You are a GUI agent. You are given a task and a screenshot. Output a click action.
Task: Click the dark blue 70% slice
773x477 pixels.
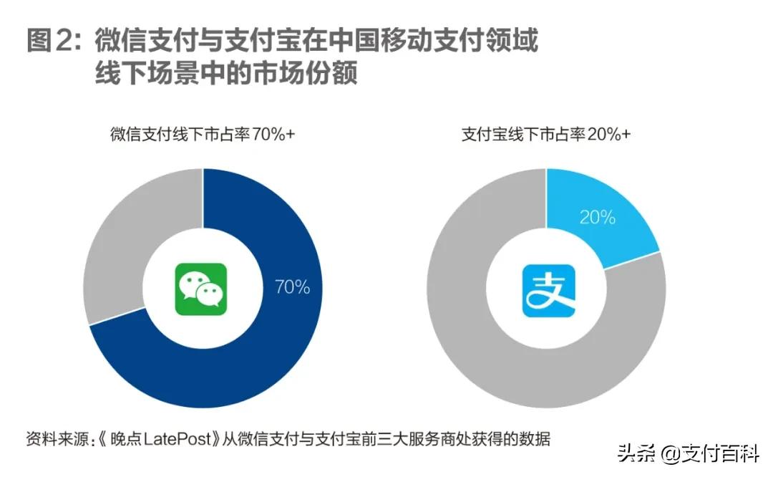click(x=236, y=358)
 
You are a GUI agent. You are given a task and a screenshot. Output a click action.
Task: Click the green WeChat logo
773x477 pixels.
click(x=201, y=289)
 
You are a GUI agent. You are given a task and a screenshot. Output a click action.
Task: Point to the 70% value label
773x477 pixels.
click(x=292, y=287)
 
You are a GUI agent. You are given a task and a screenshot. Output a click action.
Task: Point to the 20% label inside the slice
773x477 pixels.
click(x=597, y=217)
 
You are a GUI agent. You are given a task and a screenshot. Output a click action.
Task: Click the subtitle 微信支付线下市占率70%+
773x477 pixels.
click(x=202, y=134)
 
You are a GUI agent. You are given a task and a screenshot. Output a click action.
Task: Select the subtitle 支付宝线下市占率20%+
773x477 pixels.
click(x=546, y=134)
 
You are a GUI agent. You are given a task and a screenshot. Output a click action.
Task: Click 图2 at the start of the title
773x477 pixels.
click(x=52, y=42)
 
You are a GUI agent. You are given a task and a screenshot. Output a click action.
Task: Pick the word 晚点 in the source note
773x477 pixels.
click(x=127, y=438)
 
